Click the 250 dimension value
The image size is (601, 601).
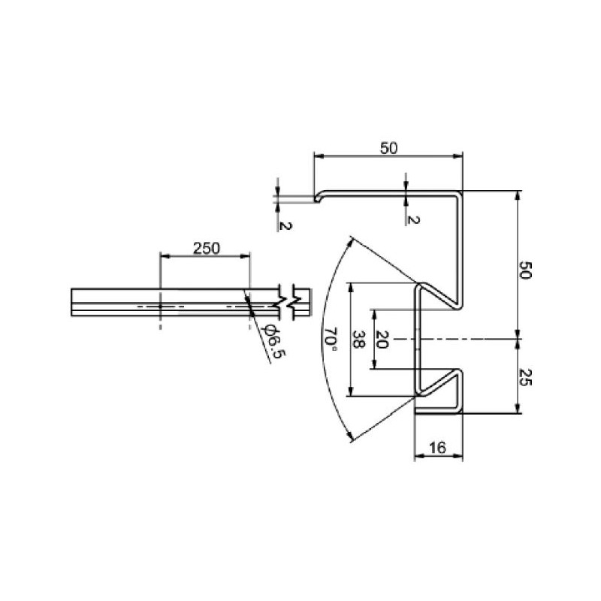tap(206, 249)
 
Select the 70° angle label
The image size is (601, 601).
tap(331, 339)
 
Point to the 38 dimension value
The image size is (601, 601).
tap(360, 340)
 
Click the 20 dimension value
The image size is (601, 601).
tap(382, 340)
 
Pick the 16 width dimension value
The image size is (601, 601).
tap(438, 448)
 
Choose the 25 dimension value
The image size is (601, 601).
tap(525, 376)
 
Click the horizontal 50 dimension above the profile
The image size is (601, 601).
tap(388, 148)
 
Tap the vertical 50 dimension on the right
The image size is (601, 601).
tap(525, 271)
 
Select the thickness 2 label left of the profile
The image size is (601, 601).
tap(284, 225)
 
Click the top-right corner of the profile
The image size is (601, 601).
tap(461, 192)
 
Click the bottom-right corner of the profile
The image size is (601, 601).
tap(461, 412)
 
